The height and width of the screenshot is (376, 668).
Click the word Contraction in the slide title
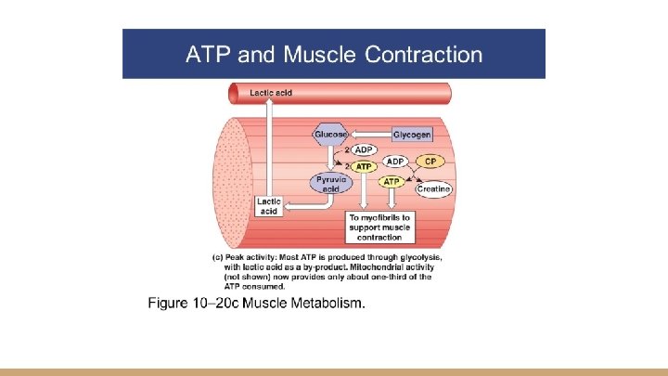pyautogui.click(x=424, y=54)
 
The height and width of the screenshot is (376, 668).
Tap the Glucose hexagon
pyautogui.click(x=331, y=135)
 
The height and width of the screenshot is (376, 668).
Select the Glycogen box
pyautogui.click(x=412, y=135)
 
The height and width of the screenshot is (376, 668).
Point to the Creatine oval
pyautogui.click(x=433, y=189)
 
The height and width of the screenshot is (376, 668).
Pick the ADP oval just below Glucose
pyautogui.click(x=365, y=149)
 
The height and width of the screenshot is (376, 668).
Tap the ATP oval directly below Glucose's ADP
pyautogui.click(x=365, y=167)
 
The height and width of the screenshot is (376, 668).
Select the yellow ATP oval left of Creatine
pyautogui.click(x=392, y=182)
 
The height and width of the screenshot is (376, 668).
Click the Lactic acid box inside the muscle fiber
pyautogui.click(x=269, y=205)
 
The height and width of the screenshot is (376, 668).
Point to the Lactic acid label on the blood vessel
pyautogui.click(x=272, y=93)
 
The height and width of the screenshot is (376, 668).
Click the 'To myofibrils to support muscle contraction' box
pyautogui.click(x=380, y=227)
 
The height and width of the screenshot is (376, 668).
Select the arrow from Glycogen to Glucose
pyautogui.click(x=371, y=135)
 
